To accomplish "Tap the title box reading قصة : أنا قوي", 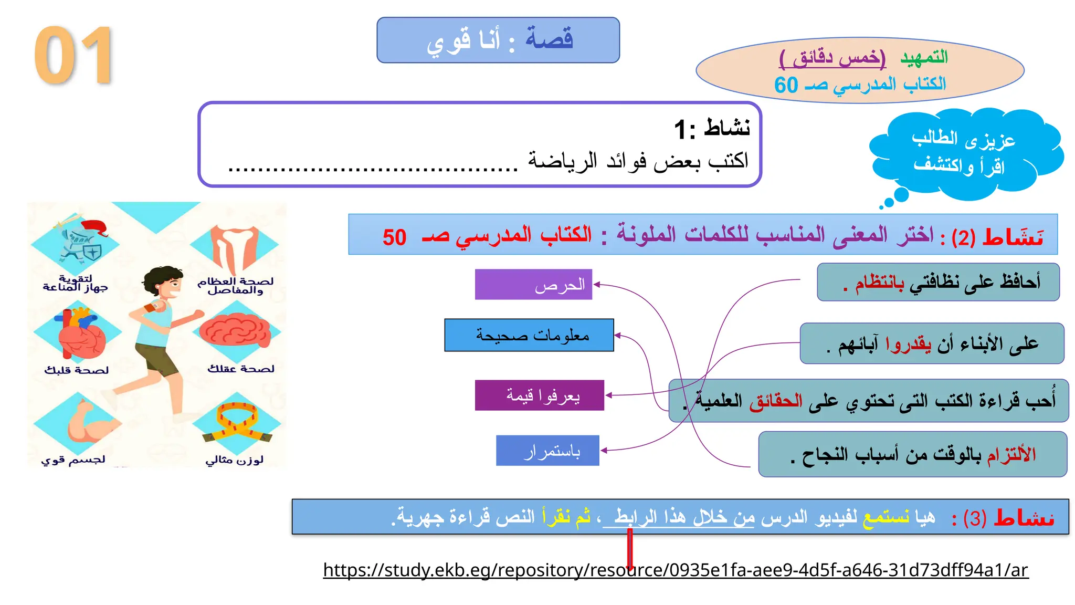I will pos(498,40).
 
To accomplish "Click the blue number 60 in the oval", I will pos(786,85).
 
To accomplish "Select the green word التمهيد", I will pos(924,57).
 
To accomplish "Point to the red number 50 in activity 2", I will pos(394,237).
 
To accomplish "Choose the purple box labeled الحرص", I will pos(533,285).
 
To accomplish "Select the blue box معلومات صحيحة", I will pos(529,335).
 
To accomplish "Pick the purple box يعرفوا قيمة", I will pos(540,395).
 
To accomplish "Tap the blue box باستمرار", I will pos(547,451).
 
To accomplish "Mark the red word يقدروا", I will pos(908,344).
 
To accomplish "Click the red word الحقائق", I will pos(776,401).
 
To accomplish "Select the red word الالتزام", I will pos(1011,455).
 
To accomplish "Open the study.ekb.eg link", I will pos(676,570).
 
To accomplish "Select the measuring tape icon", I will pos(237,423).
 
